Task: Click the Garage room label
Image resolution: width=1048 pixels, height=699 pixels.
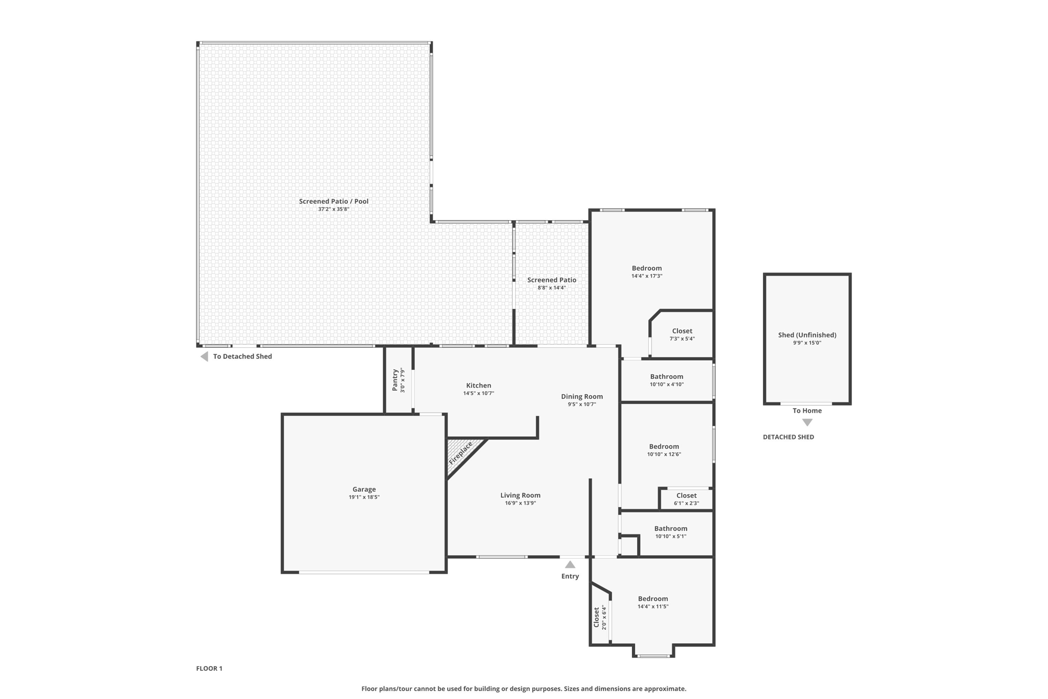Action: click(x=364, y=489)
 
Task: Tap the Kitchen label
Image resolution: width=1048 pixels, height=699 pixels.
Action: click(x=478, y=386)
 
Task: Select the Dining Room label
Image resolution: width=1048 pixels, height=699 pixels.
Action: click(x=582, y=396)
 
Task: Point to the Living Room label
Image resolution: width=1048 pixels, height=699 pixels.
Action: click(x=520, y=495)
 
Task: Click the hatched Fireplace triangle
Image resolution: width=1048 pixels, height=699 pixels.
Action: click(x=461, y=453)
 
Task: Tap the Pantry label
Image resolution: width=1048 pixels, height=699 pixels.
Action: click(x=395, y=380)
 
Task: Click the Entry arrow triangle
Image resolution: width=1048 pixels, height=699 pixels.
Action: click(x=570, y=564)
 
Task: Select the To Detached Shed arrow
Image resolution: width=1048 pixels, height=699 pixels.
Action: click(x=204, y=356)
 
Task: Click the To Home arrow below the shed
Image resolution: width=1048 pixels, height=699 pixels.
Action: click(x=807, y=422)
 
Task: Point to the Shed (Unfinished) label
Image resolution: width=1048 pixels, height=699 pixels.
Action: click(x=807, y=335)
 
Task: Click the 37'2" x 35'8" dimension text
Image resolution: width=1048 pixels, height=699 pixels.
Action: click(x=334, y=209)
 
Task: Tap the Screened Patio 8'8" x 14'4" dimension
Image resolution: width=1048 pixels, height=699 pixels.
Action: click(x=552, y=288)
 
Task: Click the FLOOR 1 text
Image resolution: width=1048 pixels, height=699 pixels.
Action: click(x=209, y=668)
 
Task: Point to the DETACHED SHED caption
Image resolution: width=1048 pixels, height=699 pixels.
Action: click(x=788, y=437)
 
